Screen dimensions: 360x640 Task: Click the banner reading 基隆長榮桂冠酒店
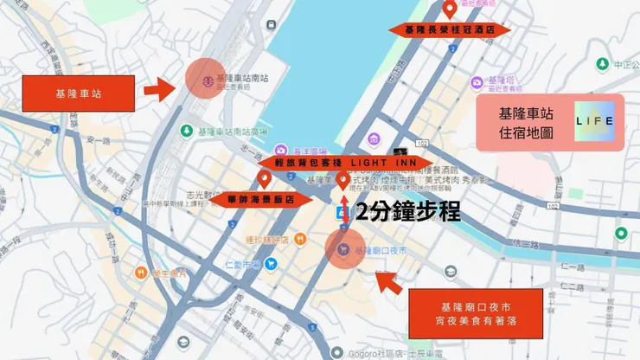450,29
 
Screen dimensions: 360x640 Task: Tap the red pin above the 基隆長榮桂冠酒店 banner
450,10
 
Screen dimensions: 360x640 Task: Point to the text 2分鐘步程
408,212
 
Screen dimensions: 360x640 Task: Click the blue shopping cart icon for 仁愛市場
272,264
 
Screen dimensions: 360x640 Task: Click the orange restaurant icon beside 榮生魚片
140,273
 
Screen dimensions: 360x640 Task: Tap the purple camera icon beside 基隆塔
476,82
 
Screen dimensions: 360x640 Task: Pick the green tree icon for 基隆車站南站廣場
186,131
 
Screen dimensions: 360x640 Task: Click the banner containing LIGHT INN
344,162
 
